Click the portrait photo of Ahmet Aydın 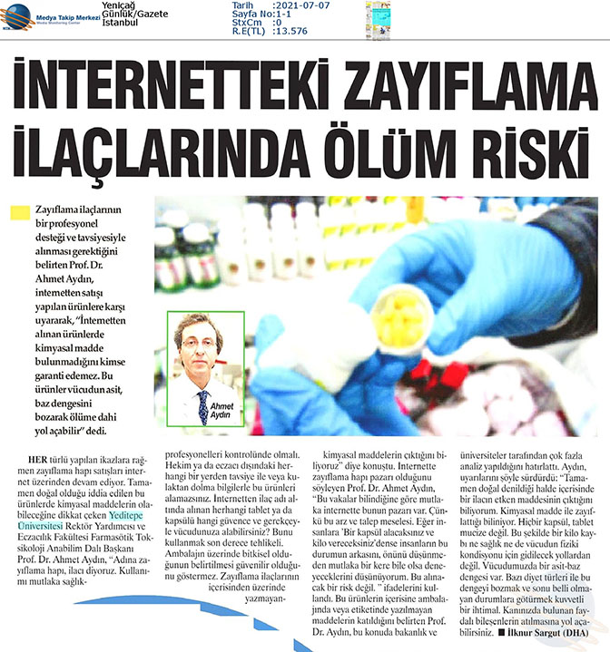pos(205,368)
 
